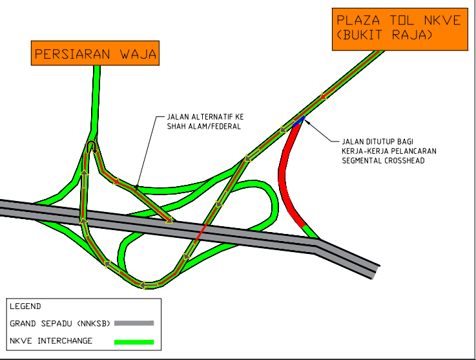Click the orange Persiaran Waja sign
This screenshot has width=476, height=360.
(95, 53)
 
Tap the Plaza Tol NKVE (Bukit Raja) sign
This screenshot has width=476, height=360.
(400, 29)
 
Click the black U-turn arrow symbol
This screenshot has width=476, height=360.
(91, 147)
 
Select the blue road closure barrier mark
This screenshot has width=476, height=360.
(298, 122)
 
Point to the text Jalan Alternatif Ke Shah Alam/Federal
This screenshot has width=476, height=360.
(205, 122)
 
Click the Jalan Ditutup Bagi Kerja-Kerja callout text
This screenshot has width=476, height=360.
(389, 151)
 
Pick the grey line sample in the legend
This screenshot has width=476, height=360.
(134, 323)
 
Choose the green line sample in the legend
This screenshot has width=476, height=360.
(134, 342)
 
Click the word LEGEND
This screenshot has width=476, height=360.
(25, 306)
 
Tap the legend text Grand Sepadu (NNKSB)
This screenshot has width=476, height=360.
(60, 324)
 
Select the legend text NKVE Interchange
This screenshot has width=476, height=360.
(51, 341)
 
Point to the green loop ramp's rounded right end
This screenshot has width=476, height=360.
(274, 204)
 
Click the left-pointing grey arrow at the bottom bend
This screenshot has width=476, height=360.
(149, 285)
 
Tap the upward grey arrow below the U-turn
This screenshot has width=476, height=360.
(84, 179)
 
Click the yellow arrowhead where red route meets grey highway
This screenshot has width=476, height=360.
(169, 220)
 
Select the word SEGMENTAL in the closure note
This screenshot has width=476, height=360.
(361, 160)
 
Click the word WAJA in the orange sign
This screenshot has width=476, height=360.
(138, 54)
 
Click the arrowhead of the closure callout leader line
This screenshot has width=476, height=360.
(305, 121)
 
